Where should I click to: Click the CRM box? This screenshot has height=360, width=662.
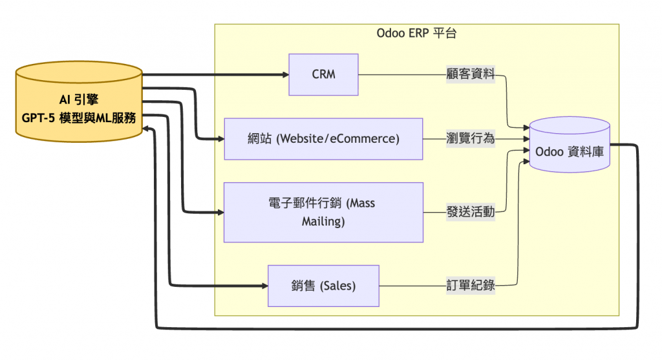point(323,74)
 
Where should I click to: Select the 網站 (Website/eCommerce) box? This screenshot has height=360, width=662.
point(323,138)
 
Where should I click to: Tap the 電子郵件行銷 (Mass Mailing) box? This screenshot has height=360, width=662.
point(323,212)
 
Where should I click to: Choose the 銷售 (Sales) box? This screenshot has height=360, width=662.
point(323,286)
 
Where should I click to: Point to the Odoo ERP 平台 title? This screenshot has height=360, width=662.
point(416,34)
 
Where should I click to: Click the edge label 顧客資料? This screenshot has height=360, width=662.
point(471,74)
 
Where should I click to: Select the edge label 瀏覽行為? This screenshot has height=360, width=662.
point(471,138)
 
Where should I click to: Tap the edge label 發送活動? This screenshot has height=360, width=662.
point(471,212)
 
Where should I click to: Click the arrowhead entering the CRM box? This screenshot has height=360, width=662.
point(285,74)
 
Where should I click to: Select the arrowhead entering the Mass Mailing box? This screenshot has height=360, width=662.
point(220,212)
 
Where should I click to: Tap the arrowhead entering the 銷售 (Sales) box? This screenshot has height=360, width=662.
point(264,286)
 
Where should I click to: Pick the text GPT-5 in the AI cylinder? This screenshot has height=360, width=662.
point(33,119)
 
